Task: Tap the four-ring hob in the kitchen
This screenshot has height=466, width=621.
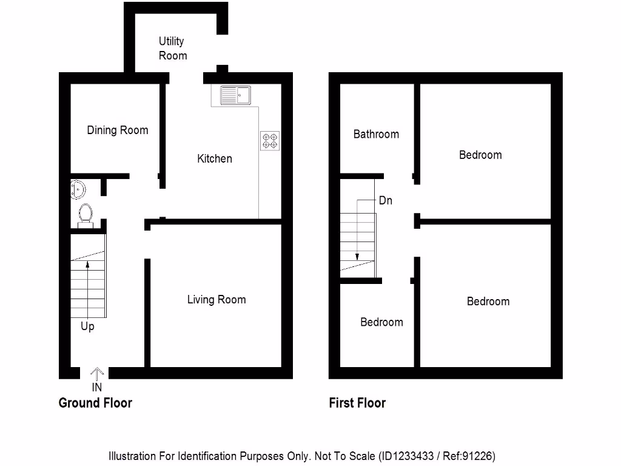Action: tap(269, 141)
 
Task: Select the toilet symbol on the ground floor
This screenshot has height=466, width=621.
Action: tap(86, 214)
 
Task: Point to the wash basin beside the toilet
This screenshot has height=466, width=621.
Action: tap(78, 189)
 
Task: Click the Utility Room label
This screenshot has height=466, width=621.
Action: tap(172, 49)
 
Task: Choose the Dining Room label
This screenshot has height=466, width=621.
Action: tap(117, 130)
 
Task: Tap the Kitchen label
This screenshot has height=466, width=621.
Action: tap(215, 158)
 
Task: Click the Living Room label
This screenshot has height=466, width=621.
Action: tap(216, 299)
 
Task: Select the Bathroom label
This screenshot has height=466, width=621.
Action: tap(376, 134)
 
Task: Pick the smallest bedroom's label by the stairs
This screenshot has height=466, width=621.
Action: tap(381, 322)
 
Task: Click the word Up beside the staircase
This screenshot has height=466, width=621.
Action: tap(87, 326)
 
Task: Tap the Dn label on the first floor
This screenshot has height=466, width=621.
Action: tap(386, 200)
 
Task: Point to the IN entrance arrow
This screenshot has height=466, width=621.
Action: tap(97, 374)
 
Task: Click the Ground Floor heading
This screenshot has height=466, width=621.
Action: tap(95, 402)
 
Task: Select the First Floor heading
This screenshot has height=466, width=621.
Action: tap(357, 402)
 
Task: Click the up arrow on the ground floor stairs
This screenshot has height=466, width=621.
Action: tap(87, 264)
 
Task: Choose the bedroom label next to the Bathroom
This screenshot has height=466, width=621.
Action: tap(480, 155)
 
